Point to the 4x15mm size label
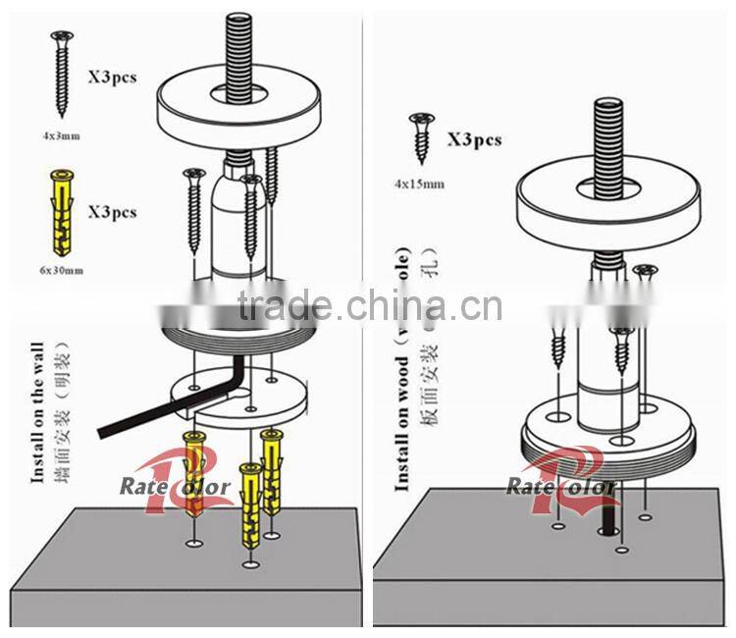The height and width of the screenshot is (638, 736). pyautogui.click(x=419, y=184)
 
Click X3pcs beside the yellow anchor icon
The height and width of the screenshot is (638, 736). pyautogui.click(x=112, y=212)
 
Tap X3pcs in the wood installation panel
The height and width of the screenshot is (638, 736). pyautogui.click(x=474, y=139)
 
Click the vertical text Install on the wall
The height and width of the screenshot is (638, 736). pyautogui.click(x=38, y=412)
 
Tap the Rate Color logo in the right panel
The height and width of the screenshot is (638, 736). pyautogui.click(x=560, y=480)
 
